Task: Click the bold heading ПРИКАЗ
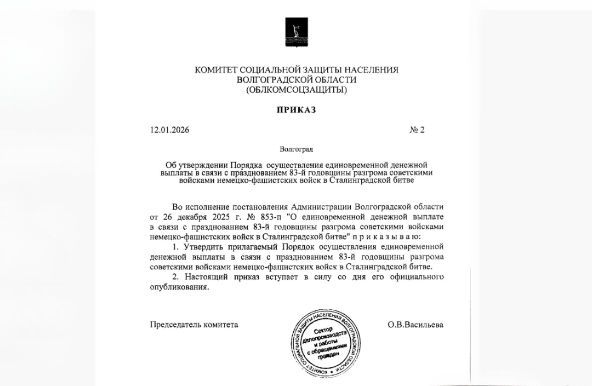tap(296, 110)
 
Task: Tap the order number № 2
tap(417, 130)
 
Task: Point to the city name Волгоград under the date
tap(296, 148)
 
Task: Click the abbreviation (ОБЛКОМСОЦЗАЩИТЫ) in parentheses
tap(296, 89)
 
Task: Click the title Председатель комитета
tap(194, 325)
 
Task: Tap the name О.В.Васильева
tap(415, 325)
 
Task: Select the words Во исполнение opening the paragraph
tap(196, 207)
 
